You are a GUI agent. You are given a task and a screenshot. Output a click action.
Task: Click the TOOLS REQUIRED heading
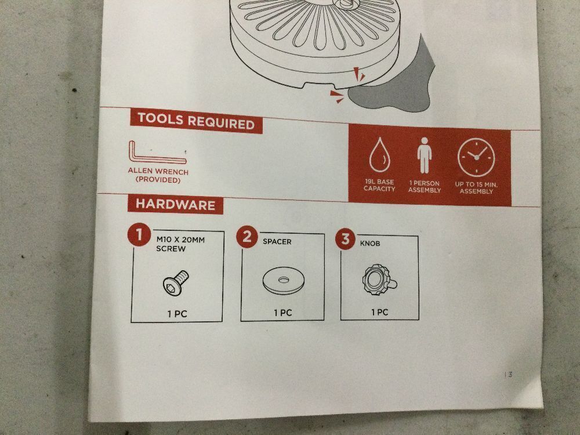tap(197, 121)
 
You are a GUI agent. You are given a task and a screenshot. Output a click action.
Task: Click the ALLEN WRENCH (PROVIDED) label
tap(158, 176)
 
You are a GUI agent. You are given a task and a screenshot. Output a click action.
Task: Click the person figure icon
tap(425, 155)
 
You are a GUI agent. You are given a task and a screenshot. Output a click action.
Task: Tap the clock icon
tap(476, 157)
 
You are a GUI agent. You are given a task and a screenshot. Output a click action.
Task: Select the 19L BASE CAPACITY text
tap(379, 186)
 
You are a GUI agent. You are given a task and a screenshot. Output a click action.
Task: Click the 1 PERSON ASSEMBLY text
tap(425, 187)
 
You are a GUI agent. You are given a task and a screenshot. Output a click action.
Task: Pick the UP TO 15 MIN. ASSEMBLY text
tap(476, 188)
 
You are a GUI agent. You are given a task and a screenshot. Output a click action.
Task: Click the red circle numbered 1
tap(139, 234)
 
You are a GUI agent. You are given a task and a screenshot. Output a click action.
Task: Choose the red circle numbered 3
tap(345, 238)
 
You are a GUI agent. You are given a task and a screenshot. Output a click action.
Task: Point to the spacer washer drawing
tap(284, 281)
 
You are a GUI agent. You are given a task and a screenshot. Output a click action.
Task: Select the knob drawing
tap(379, 280)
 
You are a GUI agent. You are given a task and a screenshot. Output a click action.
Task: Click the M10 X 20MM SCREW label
tap(180, 244)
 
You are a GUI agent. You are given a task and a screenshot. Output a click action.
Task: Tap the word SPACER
tap(277, 241)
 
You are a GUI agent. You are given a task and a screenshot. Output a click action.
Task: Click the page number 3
tap(510, 375)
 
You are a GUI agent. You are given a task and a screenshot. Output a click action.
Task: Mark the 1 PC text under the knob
tap(380, 312)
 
